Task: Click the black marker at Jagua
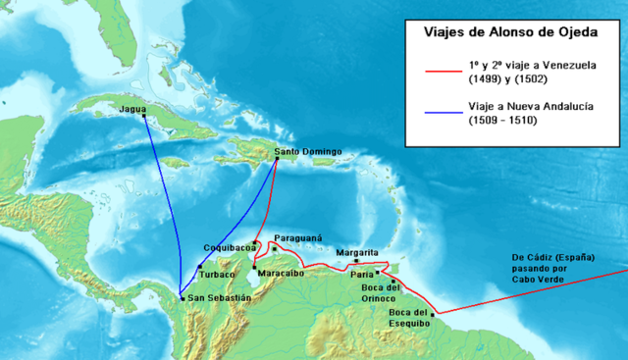pos(144,116)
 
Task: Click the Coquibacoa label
pos(229,247)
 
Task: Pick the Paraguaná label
pos(298,238)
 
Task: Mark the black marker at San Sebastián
pos(183,297)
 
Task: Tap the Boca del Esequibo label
pos(407,320)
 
